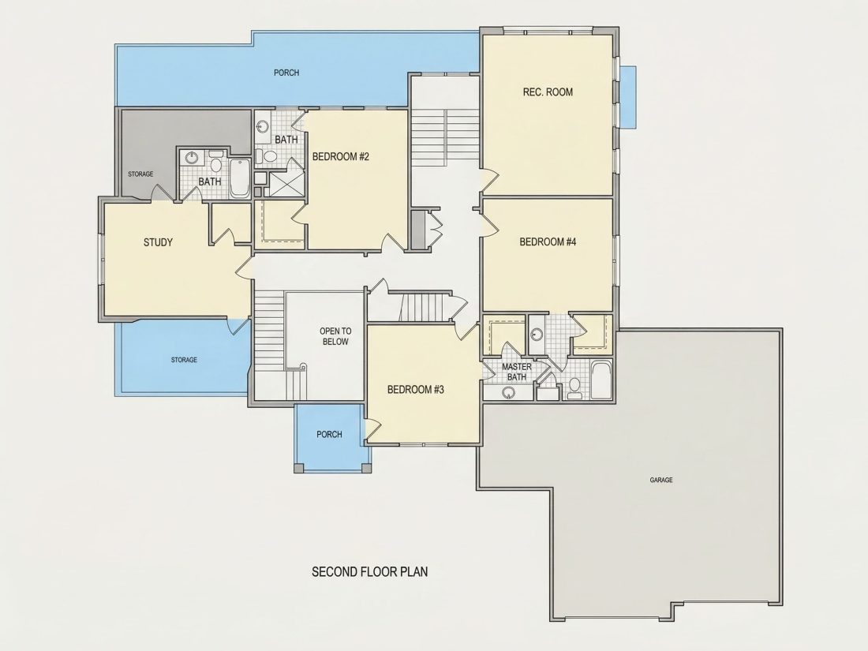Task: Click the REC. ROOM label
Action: pyautogui.click(x=548, y=92)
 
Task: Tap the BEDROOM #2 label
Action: pyautogui.click(x=340, y=157)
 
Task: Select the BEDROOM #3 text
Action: pyautogui.click(x=416, y=390)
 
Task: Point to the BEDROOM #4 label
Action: pyautogui.click(x=548, y=242)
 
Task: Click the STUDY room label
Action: pyautogui.click(x=159, y=242)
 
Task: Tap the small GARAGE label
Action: pyautogui.click(x=661, y=480)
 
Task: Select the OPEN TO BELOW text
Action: pyautogui.click(x=335, y=337)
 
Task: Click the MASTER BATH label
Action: pyautogui.click(x=517, y=372)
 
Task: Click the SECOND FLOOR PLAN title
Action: pyautogui.click(x=370, y=572)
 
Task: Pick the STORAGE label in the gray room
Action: pyautogui.click(x=140, y=174)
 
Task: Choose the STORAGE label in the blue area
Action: pyautogui.click(x=184, y=360)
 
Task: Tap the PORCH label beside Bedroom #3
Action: pyautogui.click(x=329, y=435)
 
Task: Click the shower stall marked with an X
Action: pyautogui.click(x=286, y=184)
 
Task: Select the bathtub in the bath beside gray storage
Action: pyautogui.click(x=240, y=178)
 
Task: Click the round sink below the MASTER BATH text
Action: pyautogui.click(x=508, y=393)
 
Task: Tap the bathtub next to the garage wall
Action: pyautogui.click(x=600, y=380)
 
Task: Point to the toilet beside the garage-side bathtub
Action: pyautogui.click(x=574, y=387)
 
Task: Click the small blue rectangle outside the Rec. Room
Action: pyautogui.click(x=628, y=97)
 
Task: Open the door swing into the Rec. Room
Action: pyautogui.click(x=489, y=179)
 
